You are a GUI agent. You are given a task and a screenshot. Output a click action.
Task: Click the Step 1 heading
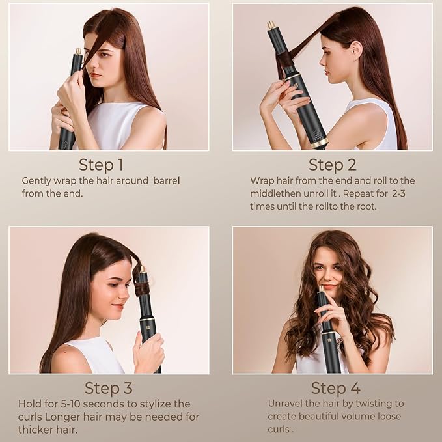coord(101,164)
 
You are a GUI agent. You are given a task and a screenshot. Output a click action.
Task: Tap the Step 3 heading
coord(109,389)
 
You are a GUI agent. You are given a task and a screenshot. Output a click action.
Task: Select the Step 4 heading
coord(335,389)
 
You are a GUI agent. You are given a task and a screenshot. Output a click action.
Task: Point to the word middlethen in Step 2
coord(278,193)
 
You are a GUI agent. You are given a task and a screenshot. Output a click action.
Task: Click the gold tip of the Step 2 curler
coord(270,25)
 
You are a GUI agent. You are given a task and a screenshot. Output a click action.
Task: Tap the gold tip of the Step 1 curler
coord(78,51)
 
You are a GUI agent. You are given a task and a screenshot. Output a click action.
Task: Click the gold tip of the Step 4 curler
coord(320,288)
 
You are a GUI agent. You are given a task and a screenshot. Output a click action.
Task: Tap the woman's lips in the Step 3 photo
coord(117,305)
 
